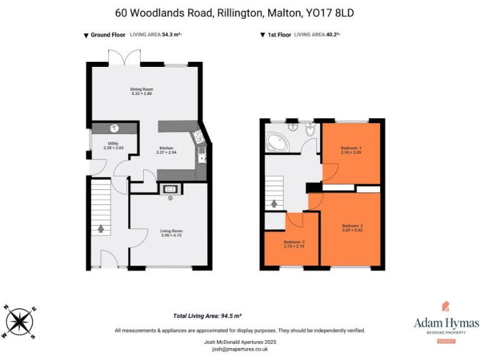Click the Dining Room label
pos(142,89)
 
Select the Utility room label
pos(113,144)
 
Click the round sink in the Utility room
pos(114,128)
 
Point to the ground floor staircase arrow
pos(101,228)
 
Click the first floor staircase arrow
pos(274,203)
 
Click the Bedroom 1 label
pos(351,147)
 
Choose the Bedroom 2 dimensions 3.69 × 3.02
pos(352,230)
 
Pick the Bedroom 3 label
pos(294,242)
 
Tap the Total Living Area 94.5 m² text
pos(207,316)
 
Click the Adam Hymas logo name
pos(446,323)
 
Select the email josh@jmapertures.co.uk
pos(239,349)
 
